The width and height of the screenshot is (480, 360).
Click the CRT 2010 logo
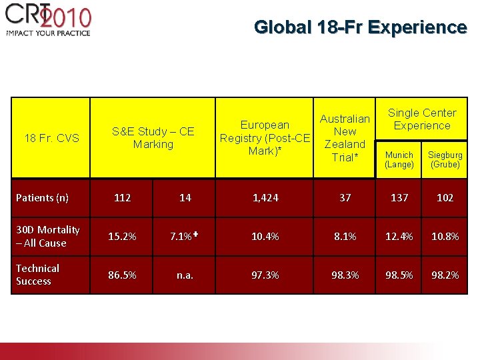click(x=48, y=20)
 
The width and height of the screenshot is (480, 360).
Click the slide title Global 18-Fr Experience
click(x=360, y=27)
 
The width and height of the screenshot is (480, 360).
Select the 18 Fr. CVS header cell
click(x=51, y=138)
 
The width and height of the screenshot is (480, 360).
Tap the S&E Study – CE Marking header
click(x=153, y=138)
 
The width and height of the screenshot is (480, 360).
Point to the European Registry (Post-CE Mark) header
click(x=265, y=138)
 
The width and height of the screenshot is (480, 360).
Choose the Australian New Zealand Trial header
click(x=345, y=138)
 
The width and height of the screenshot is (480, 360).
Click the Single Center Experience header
click(x=422, y=119)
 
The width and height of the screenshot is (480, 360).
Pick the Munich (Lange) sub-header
click(x=399, y=159)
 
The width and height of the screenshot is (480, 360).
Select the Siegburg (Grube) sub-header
click(x=445, y=159)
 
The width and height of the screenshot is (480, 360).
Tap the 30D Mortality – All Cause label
click(x=48, y=236)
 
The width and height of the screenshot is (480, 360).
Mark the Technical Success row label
click(x=38, y=275)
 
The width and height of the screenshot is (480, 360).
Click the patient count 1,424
click(x=265, y=197)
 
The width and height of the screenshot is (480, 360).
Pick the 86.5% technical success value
click(x=122, y=275)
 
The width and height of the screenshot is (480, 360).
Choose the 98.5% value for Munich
click(x=399, y=275)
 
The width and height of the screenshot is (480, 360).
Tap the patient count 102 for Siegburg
click(x=445, y=197)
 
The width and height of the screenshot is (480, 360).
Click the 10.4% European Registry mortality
click(x=265, y=237)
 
